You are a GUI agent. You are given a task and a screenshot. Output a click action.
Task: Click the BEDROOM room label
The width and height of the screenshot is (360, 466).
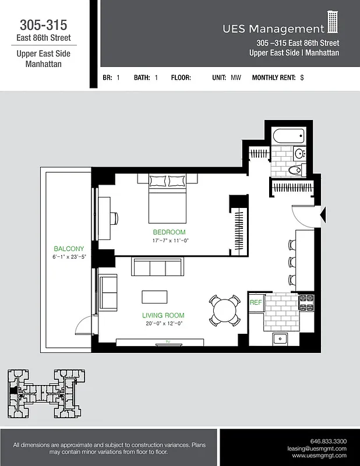(x=170, y=232)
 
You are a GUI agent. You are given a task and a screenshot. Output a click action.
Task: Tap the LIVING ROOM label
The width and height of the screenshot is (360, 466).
(x=164, y=315)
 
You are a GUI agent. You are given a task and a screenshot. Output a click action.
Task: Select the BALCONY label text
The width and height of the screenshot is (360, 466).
(x=69, y=249)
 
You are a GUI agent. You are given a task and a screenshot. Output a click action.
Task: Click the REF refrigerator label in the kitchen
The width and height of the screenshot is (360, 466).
(x=255, y=303)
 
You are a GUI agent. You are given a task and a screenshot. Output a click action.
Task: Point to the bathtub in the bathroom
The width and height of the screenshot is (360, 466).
(x=289, y=137)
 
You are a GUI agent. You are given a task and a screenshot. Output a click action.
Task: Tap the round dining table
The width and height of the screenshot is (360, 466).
(x=224, y=310)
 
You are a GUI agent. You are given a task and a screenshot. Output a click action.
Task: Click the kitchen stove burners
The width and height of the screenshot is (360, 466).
(x=306, y=302)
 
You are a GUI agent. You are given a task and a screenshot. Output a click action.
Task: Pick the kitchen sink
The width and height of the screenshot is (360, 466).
(x=281, y=338)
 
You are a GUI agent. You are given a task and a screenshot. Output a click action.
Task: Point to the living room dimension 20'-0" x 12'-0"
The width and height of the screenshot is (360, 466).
(x=164, y=323)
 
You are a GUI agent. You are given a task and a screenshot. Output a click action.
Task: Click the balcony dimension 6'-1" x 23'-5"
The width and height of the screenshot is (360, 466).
(x=69, y=257)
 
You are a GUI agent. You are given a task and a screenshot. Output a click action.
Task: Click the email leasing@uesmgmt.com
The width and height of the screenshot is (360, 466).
(x=317, y=449)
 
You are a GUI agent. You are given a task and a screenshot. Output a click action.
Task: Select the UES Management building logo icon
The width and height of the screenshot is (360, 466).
(x=333, y=23)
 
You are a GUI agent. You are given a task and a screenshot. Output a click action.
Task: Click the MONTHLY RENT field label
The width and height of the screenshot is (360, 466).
(x=274, y=77)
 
